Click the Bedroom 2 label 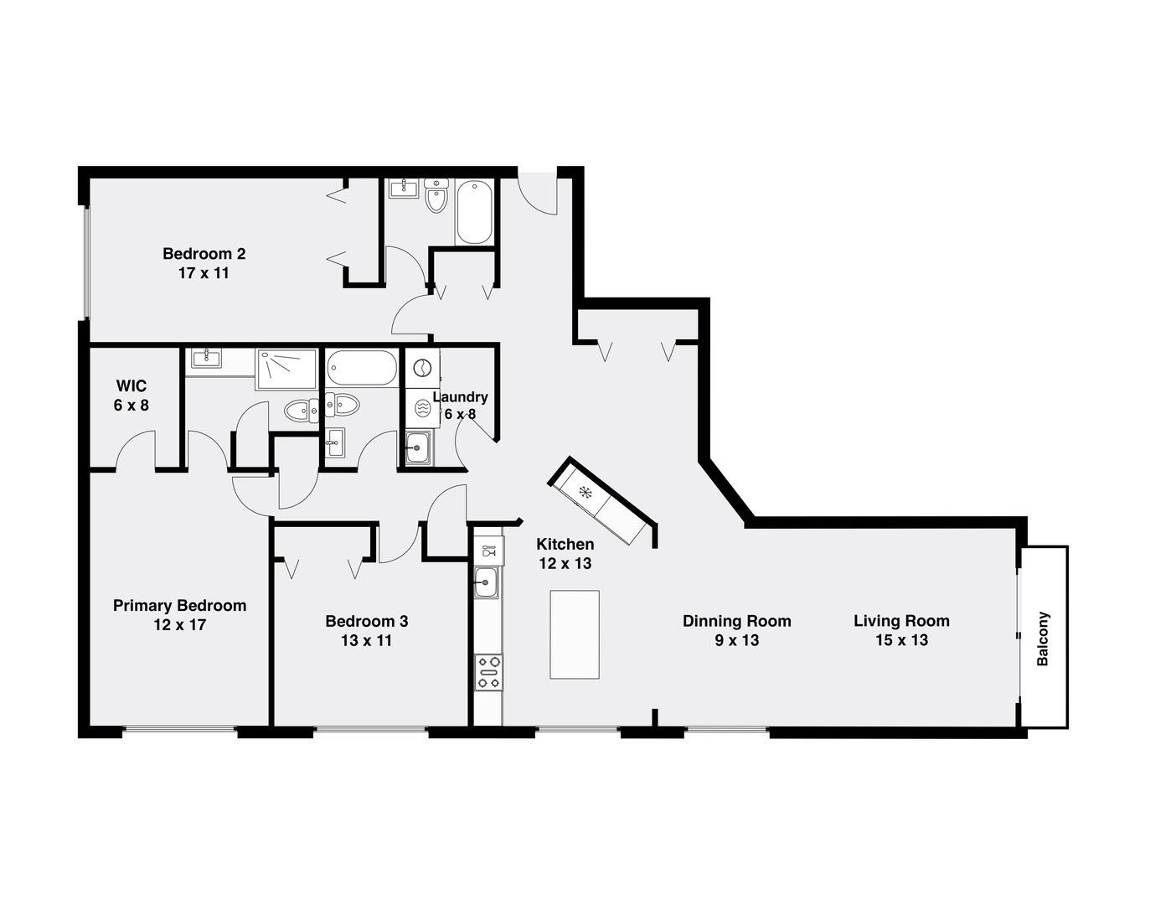tap(204, 253)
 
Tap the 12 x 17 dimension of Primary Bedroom tap(179, 624)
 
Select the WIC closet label tap(132, 386)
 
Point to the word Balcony tap(1043, 639)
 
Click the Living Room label tap(901, 621)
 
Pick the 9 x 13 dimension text tap(736, 640)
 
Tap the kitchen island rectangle tap(575, 634)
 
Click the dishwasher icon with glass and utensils tap(488, 551)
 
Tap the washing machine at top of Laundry tap(421, 367)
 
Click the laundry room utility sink tap(417, 447)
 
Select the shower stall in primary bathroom tap(286, 369)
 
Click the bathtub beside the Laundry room tap(363, 368)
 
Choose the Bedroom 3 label tap(367, 621)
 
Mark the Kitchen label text tap(565, 545)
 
